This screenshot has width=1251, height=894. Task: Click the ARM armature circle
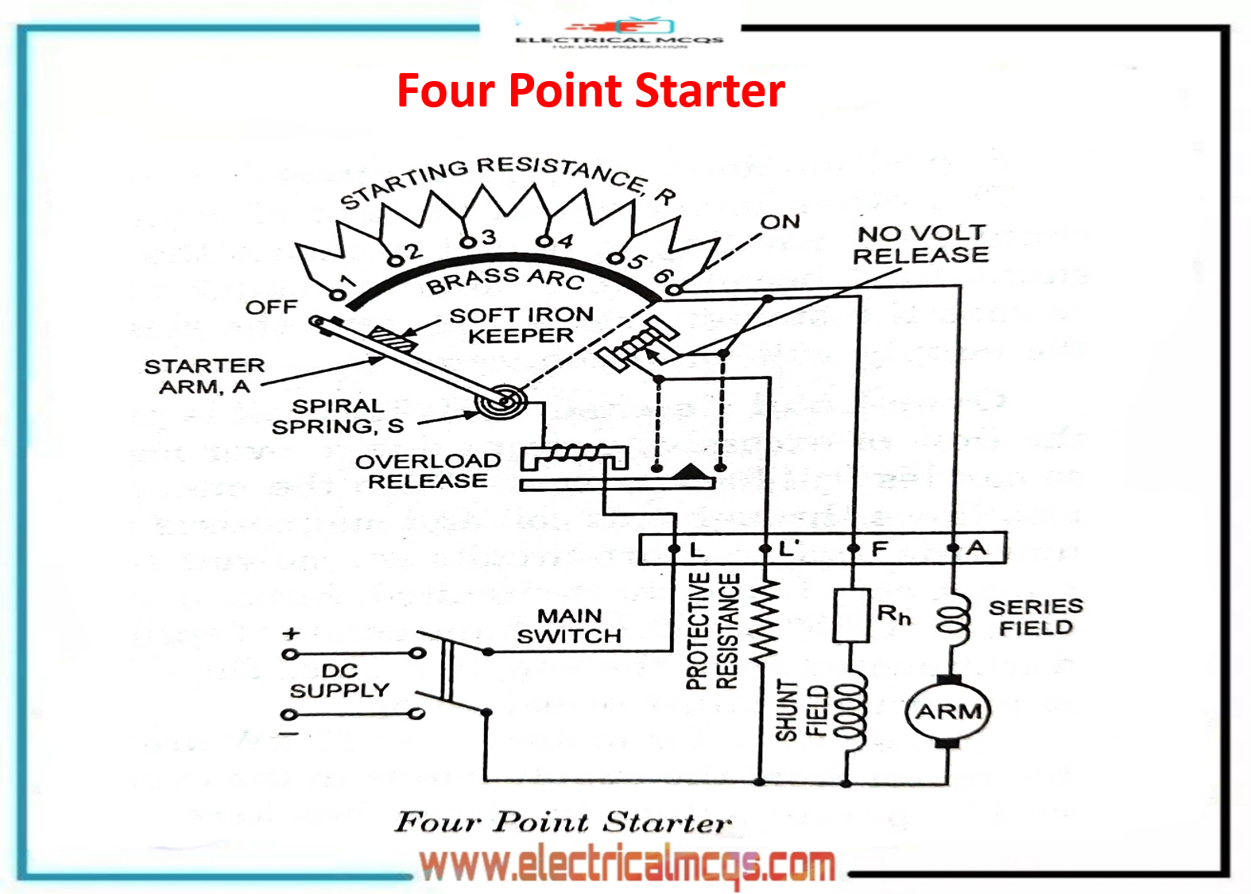947,710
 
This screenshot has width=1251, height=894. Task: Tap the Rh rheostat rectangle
850,615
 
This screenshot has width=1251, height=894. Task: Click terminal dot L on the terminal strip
674,548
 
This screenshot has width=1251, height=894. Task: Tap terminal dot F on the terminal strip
853,548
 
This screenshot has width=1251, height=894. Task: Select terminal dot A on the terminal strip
953,548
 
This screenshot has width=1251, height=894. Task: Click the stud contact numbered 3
468,242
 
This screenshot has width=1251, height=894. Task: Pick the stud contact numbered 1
338,295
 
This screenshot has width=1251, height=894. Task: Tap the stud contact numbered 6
673,290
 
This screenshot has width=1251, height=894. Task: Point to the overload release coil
574,455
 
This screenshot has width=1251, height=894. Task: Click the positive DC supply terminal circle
290,654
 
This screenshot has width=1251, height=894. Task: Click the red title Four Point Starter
591,91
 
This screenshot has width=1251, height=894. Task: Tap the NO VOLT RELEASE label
921,244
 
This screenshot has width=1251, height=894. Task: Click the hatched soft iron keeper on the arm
392,339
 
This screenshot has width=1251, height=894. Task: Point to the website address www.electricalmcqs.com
628,865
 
